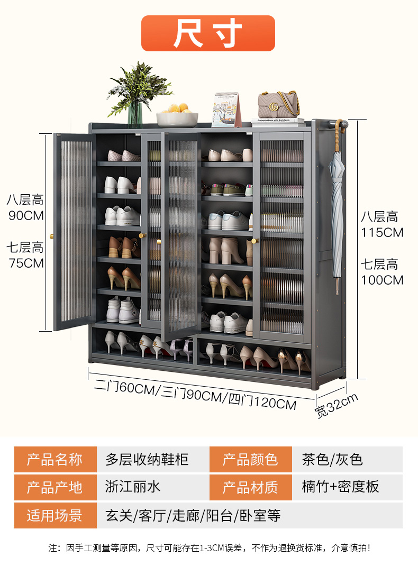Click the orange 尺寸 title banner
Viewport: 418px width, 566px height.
coord(208,33)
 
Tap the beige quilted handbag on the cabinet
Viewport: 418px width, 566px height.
coord(279,105)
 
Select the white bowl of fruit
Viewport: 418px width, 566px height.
coord(177,115)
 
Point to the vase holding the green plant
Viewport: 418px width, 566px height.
coord(134,114)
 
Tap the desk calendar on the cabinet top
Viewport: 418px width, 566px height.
coord(226,109)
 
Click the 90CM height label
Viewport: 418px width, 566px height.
coord(26,215)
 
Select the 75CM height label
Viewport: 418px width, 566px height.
coord(26,263)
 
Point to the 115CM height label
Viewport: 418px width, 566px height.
coord(382,232)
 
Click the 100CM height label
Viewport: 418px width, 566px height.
coord(382,280)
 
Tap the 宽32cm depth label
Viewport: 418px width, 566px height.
coord(337,406)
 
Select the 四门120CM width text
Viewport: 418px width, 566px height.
coord(262,402)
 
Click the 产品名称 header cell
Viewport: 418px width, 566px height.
coord(55,460)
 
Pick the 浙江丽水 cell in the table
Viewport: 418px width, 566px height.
coord(133,487)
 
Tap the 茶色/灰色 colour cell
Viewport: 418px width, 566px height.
coord(332,460)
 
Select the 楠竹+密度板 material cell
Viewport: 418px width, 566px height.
coord(340,487)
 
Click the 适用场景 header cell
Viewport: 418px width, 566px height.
coord(55,515)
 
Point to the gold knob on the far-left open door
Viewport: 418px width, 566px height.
coord(52,236)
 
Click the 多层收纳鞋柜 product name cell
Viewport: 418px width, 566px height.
coord(147,460)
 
